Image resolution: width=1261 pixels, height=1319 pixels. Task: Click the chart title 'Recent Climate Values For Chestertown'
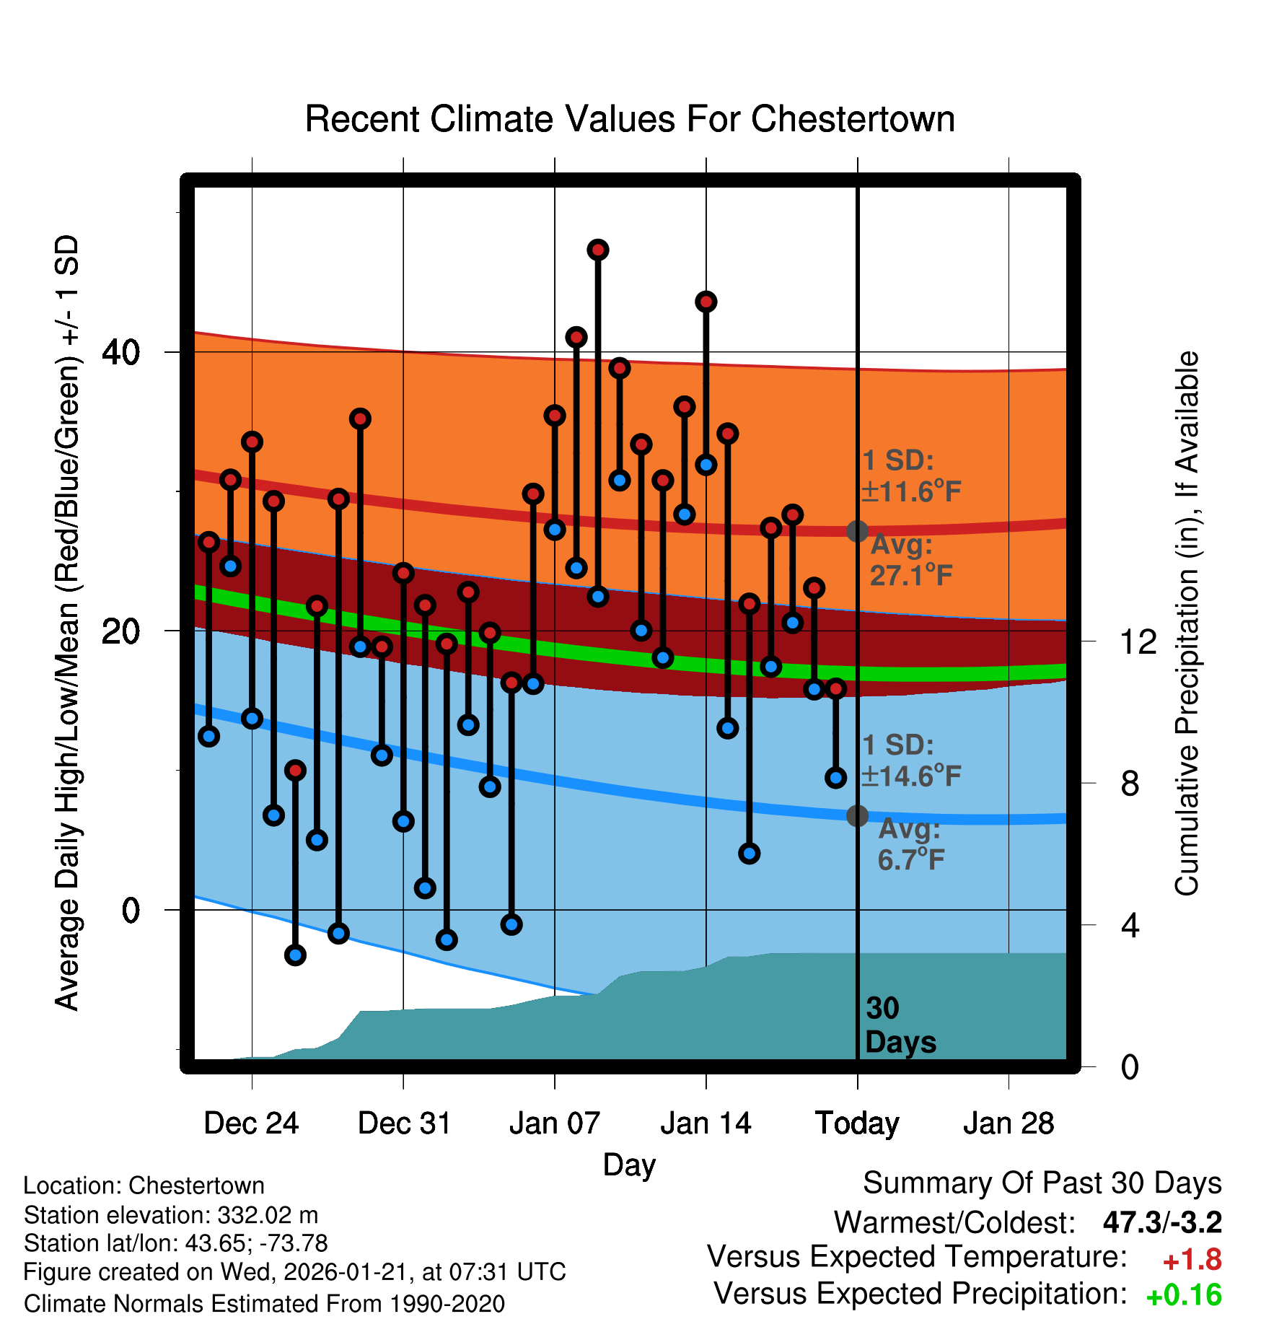(x=630, y=119)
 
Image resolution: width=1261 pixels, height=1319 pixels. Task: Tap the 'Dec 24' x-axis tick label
(x=251, y=1123)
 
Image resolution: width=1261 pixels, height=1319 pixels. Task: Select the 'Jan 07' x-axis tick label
(x=554, y=1123)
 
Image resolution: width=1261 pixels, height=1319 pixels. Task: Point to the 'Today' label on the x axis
(x=857, y=1123)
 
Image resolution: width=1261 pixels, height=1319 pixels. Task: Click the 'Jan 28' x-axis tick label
(x=1009, y=1123)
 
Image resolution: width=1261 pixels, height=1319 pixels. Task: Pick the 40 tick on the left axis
(x=120, y=352)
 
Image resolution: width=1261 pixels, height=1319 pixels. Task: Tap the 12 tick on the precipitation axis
(x=1138, y=641)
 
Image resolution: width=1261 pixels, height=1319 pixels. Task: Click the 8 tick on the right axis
(x=1130, y=784)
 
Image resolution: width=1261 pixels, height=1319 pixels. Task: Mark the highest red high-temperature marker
(x=598, y=250)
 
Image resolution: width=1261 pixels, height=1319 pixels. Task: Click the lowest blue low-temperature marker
(x=295, y=955)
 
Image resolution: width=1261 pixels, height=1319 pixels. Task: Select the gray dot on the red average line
(x=857, y=531)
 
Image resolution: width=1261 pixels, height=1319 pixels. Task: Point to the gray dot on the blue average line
(x=857, y=816)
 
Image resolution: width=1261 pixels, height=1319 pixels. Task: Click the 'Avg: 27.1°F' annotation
(x=910, y=561)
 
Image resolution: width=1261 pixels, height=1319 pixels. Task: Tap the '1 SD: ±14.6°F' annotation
(x=910, y=761)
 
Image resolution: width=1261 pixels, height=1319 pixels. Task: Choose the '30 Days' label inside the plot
(x=900, y=1025)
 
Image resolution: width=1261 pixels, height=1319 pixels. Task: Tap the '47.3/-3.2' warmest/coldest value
(x=1162, y=1223)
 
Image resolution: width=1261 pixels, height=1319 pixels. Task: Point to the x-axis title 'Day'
(x=629, y=1165)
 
